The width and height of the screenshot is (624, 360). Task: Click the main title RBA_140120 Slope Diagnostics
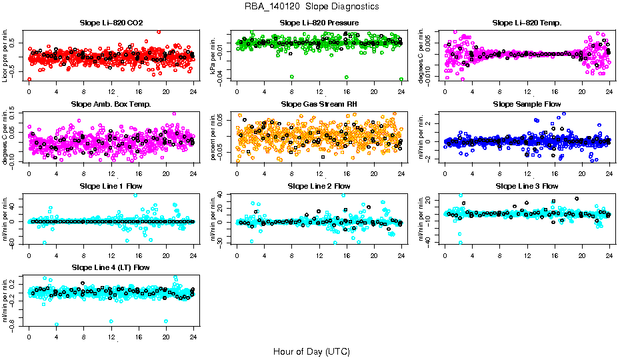tap(312, 7)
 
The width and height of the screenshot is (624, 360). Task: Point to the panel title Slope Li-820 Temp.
tap(527, 23)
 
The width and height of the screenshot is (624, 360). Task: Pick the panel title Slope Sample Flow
tap(527, 105)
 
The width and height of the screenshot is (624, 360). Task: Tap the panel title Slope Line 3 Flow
tap(527, 186)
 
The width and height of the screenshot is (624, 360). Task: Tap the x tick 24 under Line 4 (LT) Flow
tap(193, 338)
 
